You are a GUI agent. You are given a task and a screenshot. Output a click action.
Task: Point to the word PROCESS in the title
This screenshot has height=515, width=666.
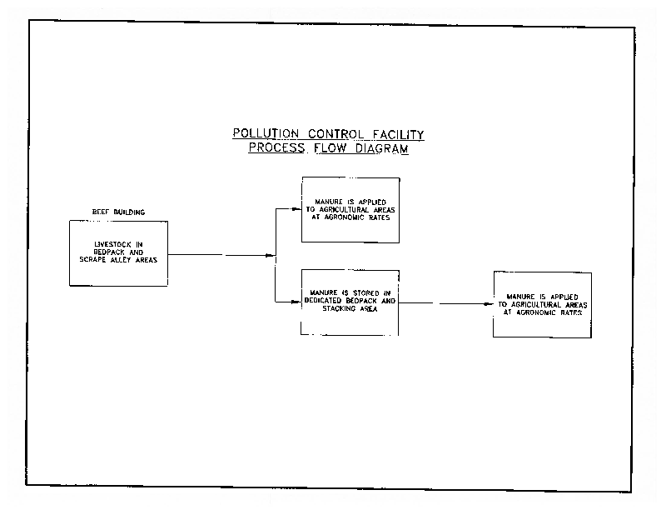coord(279,149)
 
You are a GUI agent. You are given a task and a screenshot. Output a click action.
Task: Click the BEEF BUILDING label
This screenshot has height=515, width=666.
coord(118,212)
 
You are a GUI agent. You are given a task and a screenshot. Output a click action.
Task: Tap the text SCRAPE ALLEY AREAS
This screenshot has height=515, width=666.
coord(118,258)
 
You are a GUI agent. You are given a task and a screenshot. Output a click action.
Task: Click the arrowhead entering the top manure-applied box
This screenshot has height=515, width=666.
coord(297,208)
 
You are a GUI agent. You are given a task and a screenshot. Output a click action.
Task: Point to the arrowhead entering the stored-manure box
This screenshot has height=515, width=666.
coord(297,302)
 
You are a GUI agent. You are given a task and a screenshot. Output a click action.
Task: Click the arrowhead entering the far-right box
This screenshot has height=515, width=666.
coord(490,304)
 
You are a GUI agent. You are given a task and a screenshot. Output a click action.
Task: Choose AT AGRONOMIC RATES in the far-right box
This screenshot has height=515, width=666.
coord(542,312)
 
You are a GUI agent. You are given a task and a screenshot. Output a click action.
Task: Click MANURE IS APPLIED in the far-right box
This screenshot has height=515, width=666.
coord(542,296)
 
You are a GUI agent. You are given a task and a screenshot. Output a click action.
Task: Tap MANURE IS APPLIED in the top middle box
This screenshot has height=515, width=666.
coord(350,200)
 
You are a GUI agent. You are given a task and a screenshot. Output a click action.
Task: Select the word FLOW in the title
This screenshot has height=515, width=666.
coord(335,149)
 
